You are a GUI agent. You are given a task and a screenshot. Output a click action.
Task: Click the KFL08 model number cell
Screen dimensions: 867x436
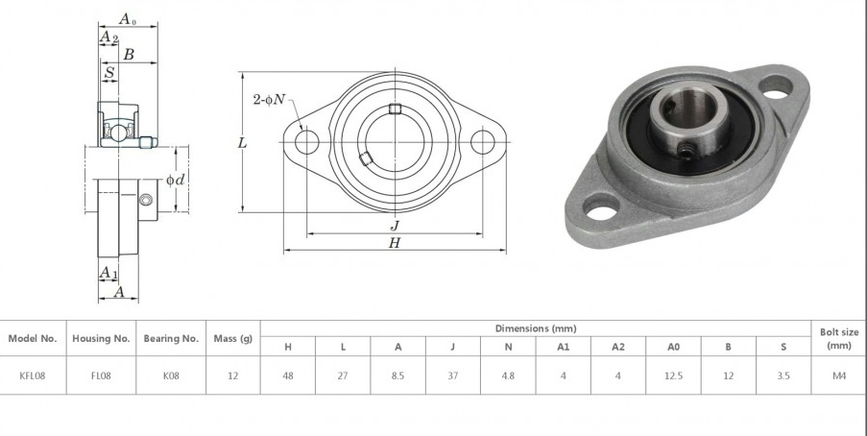32,375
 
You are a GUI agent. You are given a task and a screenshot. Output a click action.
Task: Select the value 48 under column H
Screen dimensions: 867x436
287,375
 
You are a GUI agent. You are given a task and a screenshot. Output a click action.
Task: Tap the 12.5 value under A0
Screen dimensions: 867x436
673,375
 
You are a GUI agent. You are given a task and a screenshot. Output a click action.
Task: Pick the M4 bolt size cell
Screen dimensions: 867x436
839,375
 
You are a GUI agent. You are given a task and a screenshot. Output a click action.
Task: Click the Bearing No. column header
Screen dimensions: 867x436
171,339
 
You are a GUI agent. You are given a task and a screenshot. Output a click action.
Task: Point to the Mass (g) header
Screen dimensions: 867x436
232,339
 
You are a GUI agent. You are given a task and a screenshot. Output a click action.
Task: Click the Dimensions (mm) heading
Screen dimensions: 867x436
535,328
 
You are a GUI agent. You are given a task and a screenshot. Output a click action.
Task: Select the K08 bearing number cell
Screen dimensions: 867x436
171,375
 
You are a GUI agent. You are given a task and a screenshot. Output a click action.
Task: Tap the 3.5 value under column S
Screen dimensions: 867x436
783,375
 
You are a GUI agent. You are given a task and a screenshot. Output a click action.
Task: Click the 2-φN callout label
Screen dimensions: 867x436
269,100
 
